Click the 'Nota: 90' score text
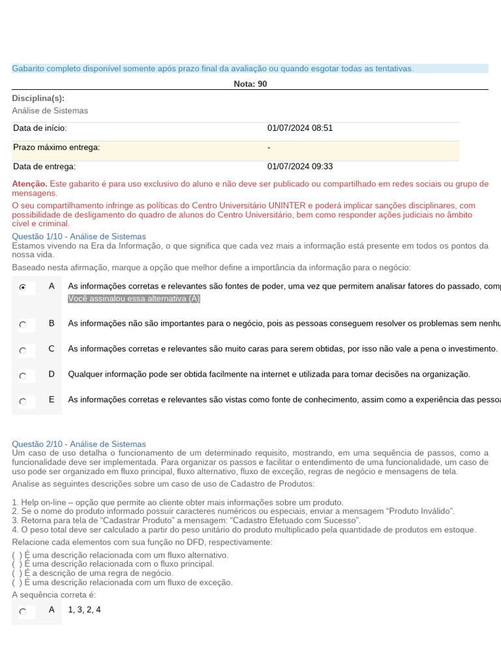click(x=250, y=84)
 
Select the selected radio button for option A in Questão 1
click(x=23, y=287)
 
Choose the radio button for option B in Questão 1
click(x=23, y=324)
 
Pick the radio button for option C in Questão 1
click(x=23, y=350)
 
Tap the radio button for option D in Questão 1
click(x=23, y=375)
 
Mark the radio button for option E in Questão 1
click(x=23, y=401)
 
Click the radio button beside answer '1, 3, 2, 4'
click(x=23, y=611)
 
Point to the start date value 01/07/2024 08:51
click(x=300, y=128)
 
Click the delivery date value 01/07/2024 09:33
click(x=300, y=167)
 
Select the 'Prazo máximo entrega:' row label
click(x=57, y=148)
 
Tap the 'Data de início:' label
click(x=40, y=128)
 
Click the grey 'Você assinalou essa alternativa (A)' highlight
click(x=134, y=298)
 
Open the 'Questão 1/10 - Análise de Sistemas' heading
click(x=79, y=236)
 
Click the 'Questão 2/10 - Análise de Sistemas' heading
click(x=79, y=444)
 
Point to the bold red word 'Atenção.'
click(x=29, y=184)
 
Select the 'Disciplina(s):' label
click(x=38, y=98)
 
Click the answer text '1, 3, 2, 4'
click(x=84, y=610)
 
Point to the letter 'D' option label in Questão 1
click(x=52, y=374)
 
